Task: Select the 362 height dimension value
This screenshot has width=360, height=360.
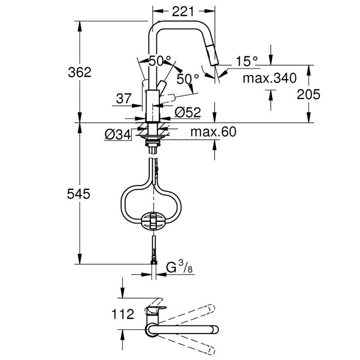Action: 80,72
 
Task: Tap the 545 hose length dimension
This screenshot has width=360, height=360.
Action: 80,194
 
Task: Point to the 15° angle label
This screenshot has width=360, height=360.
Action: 247,61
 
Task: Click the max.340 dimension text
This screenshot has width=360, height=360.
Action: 269,77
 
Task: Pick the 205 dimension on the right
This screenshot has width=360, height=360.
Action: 308,94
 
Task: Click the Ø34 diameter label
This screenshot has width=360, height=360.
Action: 117,135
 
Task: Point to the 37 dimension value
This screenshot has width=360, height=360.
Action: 123,99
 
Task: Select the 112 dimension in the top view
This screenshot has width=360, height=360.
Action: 123,314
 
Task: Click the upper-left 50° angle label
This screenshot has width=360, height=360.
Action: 159,61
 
